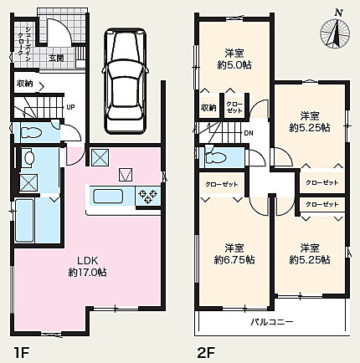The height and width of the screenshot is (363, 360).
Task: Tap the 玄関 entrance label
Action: click(x=56, y=58)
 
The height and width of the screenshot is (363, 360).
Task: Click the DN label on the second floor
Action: click(x=248, y=133)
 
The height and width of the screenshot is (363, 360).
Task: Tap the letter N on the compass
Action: click(x=338, y=11)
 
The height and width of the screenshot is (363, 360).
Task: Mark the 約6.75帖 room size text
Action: click(x=234, y=259)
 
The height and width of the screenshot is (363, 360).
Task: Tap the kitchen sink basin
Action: click(x=108, y=197)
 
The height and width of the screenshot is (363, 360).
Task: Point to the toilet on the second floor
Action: click(x=216, y=156)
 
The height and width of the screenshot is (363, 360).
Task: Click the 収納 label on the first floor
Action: click(x=24, y=84)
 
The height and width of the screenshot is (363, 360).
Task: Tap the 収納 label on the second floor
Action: click(x=207, y=107)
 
